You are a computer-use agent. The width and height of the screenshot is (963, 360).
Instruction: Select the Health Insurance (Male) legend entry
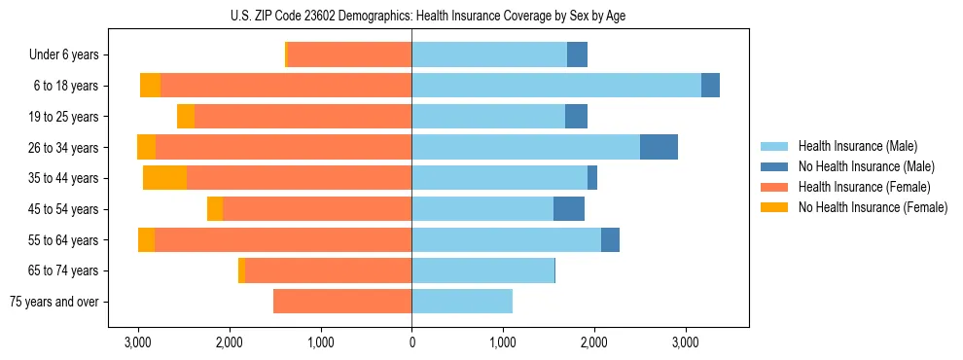857,146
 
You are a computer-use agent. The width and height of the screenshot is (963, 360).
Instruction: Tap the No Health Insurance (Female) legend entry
872,207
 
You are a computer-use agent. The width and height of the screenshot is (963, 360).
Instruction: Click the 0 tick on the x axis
411,342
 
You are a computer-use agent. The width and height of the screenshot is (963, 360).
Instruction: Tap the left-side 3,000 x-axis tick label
138,342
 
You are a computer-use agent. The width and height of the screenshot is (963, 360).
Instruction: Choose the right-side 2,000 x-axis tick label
594,342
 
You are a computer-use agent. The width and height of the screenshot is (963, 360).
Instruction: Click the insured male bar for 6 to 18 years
555,86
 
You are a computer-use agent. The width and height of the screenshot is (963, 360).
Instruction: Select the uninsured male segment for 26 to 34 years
659,147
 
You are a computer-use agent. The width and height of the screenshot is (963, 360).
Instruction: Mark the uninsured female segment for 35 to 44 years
164,178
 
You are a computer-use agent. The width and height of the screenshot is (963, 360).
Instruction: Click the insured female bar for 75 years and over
342,302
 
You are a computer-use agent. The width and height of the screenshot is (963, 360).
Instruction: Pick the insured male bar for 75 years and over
462,302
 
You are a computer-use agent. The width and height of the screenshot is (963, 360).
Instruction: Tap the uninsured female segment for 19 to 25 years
186,117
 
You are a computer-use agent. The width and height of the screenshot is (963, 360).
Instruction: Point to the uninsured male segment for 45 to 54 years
569,209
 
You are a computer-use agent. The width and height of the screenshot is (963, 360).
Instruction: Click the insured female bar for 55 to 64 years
283,240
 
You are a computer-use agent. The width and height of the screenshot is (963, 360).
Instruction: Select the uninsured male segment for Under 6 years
577,55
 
